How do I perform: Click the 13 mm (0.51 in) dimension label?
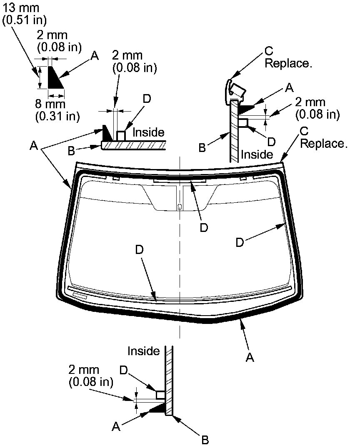24,14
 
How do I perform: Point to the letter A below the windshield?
250,357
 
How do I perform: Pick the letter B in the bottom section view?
205,440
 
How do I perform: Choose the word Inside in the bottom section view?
144,351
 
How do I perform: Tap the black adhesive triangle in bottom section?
159,409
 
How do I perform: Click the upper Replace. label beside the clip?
289,64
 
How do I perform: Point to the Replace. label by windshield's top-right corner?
324,144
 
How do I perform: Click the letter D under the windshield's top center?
204,227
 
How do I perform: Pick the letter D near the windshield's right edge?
240,243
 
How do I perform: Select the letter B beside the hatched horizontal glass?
71,150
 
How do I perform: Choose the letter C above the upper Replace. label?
269,51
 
